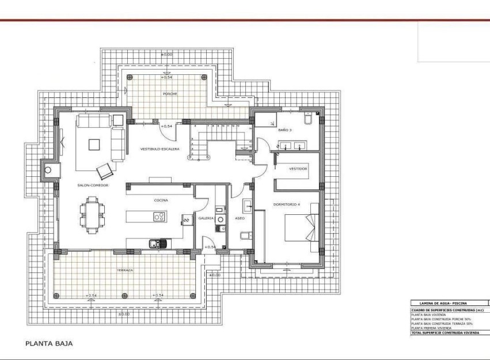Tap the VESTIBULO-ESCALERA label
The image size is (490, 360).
click(160, 149)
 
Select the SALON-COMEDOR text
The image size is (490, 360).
click(93, 185)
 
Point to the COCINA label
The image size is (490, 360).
click(161, 200)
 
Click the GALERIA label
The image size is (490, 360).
click(206, 218)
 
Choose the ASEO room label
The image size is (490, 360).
click(240, 218)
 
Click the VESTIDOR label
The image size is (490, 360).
click(298, 169)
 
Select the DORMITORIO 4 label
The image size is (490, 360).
click(288, 201)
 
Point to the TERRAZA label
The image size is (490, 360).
click(124, 270)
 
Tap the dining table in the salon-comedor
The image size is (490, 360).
click(93, 215)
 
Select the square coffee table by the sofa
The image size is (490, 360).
click(94, 144)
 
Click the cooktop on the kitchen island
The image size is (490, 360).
click(159, 217)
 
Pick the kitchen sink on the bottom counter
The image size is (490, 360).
click(156, 244)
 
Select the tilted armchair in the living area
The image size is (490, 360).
click(105, 172)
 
